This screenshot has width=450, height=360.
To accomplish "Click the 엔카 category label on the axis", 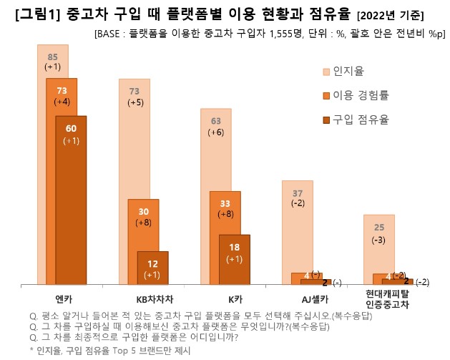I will point(62,297).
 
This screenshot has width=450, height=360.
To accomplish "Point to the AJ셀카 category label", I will point(307,297).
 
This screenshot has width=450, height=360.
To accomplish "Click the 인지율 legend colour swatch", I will point(326,72).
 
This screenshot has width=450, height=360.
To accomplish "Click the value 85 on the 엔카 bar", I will point(52,57).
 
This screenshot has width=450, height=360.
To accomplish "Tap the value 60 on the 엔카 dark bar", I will point(71,129).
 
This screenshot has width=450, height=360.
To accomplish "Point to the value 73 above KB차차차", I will point(134,91).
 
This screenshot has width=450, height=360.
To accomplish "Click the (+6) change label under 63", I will point(215,132).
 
